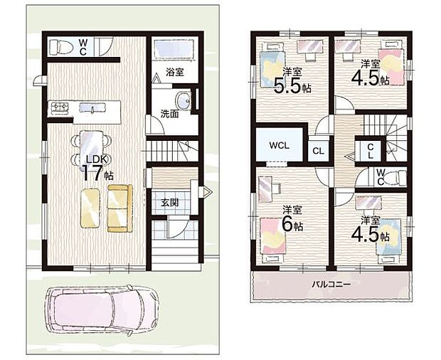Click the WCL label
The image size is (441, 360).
coord(278,145)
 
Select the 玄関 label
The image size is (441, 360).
coord(169,203)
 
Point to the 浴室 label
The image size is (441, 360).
coord(176,72)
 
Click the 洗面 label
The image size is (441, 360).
coord(169,113)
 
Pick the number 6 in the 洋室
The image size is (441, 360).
coord(288,225)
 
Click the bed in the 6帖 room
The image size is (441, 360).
coord(275,236)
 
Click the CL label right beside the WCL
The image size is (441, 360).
coord(317,150)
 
